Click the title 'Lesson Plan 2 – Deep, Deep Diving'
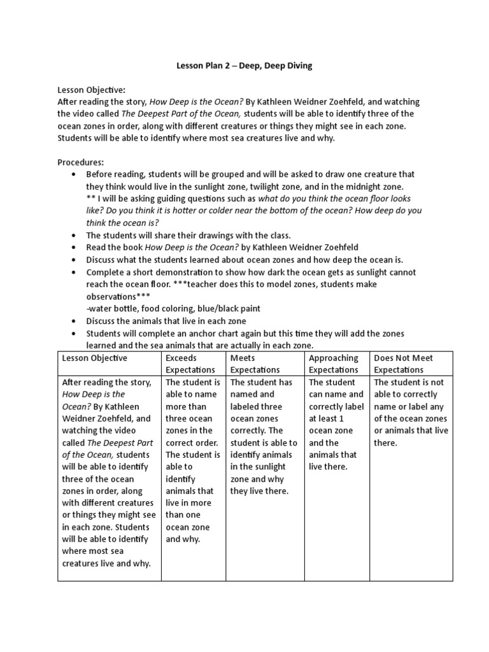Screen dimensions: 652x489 pos(244,66)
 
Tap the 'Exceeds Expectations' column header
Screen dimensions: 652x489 pos(191,364)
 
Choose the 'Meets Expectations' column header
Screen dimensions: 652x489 pos(255,364)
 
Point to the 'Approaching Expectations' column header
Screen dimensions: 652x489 pos(334,364)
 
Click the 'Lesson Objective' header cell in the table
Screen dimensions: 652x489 pos(95,358)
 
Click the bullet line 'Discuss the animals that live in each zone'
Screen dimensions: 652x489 pos(166,321)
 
